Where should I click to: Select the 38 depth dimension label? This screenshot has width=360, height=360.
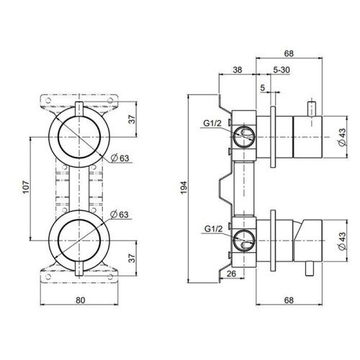(x=238, y=71)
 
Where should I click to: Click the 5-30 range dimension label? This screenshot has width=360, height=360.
(x=282, y=71)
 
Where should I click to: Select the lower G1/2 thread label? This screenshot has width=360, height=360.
(x=212, y=229)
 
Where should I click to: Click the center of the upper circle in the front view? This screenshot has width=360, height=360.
(x=78, y=135)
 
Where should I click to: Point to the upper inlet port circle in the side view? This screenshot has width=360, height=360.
(x=245, y=134)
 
